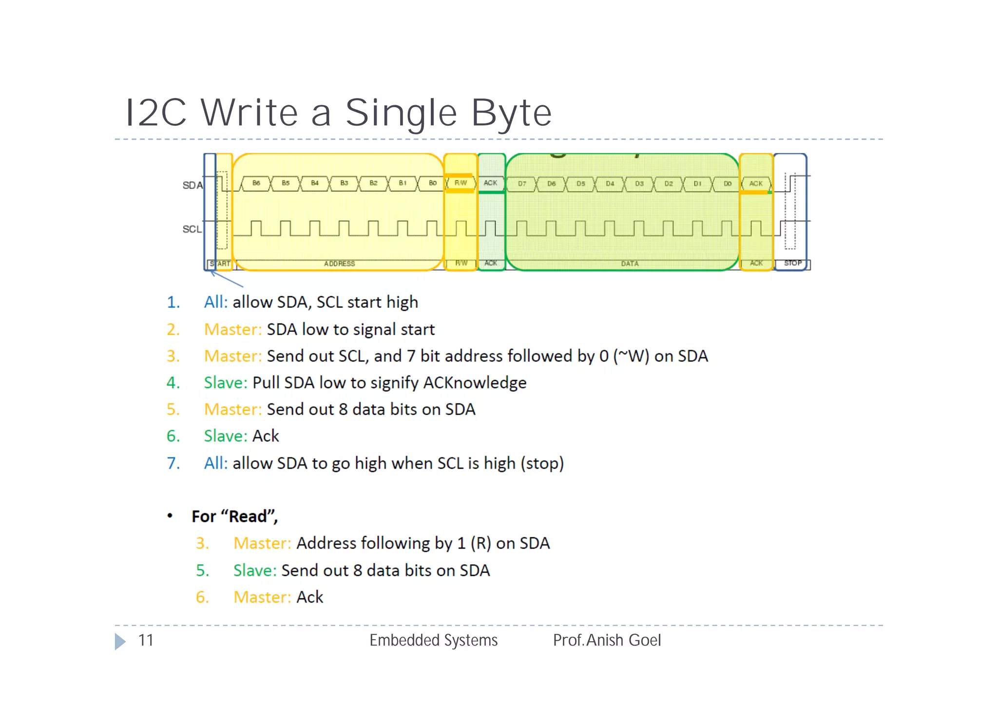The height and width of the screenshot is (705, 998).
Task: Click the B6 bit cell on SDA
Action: (x=256, y=183)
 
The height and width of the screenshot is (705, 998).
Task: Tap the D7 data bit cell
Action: (x=522, y=184)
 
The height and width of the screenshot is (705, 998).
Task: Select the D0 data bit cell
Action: (x=727, y=184)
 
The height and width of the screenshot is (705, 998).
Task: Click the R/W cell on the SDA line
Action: (x=461, y=183)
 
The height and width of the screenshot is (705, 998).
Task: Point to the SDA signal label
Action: (x=192, y=185)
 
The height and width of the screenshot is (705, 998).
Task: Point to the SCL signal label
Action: (x=192, y=229)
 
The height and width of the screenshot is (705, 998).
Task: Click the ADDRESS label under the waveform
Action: (x=339, y=264)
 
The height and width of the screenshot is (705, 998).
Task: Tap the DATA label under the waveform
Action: (x=630, y=264)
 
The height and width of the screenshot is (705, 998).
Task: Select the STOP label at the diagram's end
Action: (x=792, y=263)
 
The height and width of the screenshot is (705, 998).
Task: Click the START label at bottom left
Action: (x=220, y=264)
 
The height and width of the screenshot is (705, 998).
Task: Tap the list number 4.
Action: (x=173, y=382)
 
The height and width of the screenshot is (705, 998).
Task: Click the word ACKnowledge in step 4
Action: (x=474, y=382)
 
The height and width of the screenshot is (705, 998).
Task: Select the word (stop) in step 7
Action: (x=542, y=463)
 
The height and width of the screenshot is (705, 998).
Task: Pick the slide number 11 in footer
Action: (x=146, y=640)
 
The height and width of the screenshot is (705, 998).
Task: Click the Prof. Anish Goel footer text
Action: (x=607, y=640)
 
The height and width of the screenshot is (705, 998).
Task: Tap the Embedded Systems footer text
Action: (x=433, y=640)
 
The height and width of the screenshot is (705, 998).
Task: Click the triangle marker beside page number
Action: (x=120, y=641)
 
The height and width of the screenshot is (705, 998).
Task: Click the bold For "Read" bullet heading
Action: (x=234, y=516)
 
